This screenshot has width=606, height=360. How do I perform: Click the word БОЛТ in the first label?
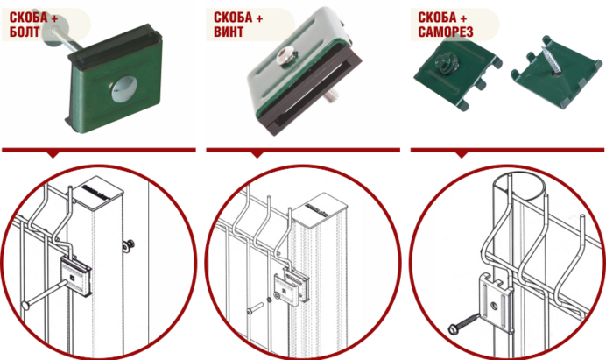25,32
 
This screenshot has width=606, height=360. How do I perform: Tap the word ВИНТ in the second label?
229,32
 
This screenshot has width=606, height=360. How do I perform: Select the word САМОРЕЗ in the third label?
446,32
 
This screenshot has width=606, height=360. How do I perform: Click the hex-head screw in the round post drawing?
464,323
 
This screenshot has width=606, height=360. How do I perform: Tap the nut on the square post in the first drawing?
129,244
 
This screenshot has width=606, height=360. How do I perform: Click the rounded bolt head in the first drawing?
26,306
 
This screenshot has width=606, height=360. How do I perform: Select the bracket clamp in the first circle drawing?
75,277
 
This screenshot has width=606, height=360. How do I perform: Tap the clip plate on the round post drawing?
497,303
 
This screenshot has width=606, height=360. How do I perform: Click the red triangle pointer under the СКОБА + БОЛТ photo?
53,155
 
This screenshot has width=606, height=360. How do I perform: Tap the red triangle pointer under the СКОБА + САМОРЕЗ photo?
462,155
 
